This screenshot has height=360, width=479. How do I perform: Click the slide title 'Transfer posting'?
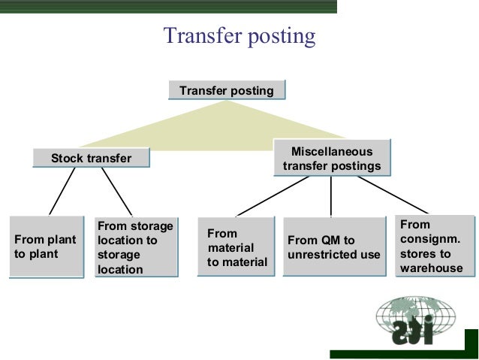tap(239, 36)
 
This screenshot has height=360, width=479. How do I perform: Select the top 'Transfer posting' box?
tap(226, 91)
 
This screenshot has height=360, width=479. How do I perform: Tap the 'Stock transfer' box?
tap(91, 158)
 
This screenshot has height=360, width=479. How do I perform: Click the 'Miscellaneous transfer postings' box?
tap(331, 159)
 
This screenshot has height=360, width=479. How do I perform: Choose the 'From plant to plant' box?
tap(45, 247)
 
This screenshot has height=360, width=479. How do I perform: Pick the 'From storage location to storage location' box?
tap(135, 247)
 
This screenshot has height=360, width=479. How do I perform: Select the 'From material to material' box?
tap(236, 247)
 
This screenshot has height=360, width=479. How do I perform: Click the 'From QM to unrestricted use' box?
tap(333, 247)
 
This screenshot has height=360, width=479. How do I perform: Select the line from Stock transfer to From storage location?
tap(117, 191)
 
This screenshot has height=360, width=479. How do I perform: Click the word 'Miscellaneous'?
tap(331, 152)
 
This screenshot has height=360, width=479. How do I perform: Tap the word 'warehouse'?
tap(432, 268)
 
